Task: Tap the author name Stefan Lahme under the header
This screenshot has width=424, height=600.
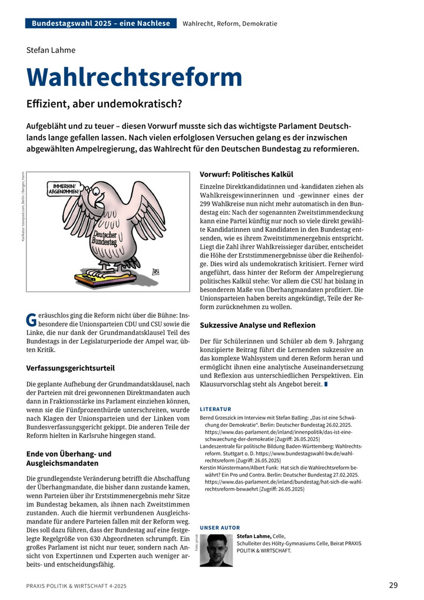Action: pos(51,49)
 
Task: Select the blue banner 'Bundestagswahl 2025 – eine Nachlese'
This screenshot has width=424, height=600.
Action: pos(101,24)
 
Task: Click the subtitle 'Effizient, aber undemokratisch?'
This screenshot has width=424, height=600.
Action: pos(104,104)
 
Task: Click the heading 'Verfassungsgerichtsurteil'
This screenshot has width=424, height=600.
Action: pos(70,369)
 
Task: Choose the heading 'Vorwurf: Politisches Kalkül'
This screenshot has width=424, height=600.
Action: pos(246,174)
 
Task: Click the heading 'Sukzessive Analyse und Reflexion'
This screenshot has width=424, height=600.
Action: pos(257,325)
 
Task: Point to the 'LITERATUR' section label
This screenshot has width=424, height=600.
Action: pos(216,409)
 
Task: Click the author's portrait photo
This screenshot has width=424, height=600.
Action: pos(216,550)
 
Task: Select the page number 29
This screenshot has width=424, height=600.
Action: pos(393,585)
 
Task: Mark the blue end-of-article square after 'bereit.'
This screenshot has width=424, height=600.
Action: pos(326,384)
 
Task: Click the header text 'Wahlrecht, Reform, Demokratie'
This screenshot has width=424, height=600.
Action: pos(230,24)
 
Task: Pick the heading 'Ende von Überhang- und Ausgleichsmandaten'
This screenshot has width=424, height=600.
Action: pos(69,458)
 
